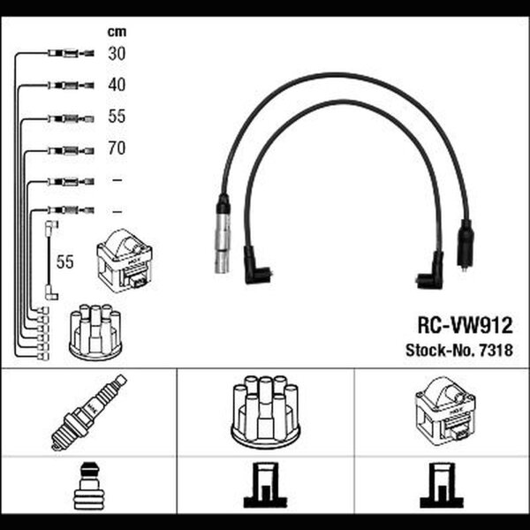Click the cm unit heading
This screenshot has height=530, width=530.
(117, 32)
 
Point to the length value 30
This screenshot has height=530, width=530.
(117, 53)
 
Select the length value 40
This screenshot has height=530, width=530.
(117, 85)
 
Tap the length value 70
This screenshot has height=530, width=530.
(117, 148)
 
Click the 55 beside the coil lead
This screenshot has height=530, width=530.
(64, 261)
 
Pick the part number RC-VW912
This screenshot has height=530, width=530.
(466, 325)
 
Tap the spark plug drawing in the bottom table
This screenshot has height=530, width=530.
(89, 413)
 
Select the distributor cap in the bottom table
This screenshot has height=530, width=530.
(266, 413)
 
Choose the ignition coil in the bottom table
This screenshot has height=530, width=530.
(445, 411)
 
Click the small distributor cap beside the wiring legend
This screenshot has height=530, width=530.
(95, 331)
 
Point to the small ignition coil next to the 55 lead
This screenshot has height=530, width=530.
(125, 261)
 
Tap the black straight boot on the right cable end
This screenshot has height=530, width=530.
(466, 244)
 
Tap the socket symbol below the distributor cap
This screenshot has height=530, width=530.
(266, 485)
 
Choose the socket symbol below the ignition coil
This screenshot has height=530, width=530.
(442, 485)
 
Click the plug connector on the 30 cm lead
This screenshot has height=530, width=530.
(71, 53)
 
